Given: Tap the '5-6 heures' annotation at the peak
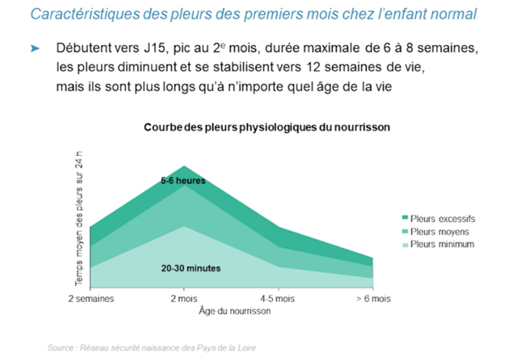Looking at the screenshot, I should (x=183, y=181).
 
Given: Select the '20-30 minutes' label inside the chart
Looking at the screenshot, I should (x=191, y=267).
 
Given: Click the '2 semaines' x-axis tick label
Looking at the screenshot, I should (x=90, y=299).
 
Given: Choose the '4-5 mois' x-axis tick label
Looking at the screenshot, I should (x=278, y=299).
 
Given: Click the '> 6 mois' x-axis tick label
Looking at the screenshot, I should (x=372, y=299).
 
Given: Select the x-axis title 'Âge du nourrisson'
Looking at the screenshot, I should (x=234, y=310).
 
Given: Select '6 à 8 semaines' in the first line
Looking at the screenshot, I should (x=429, y=49).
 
